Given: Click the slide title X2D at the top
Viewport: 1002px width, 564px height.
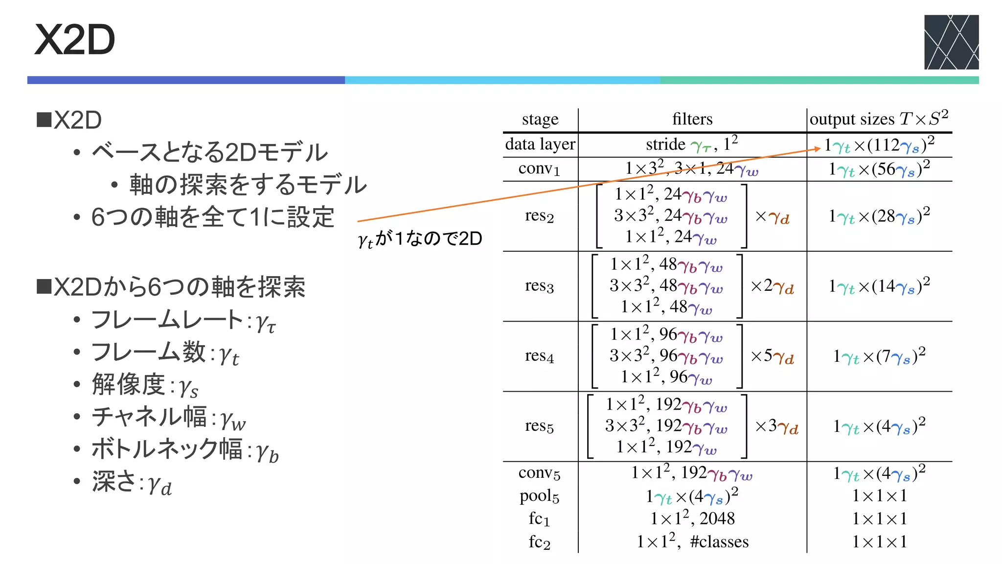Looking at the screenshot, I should (75, 40).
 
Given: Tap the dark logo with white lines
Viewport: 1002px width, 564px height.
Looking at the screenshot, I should (951, 42).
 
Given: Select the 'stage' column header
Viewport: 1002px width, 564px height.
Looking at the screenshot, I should (540, 119).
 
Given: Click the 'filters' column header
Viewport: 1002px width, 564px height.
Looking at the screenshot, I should (692, 119).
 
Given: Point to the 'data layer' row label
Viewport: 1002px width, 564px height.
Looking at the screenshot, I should (540, 144).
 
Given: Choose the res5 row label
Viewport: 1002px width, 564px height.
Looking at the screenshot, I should (540, 426).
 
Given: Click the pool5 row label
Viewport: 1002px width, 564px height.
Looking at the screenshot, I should (540, 496).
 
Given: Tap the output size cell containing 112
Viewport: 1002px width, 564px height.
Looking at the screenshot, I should (879, 145).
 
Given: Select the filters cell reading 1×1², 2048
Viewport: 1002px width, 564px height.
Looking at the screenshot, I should (692, 518).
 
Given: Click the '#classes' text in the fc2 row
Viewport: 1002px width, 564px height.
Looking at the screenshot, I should (719, 541).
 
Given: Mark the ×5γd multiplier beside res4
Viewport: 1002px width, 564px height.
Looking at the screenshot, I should (773, 356).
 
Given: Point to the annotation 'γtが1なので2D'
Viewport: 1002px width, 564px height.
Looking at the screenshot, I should (420, 239).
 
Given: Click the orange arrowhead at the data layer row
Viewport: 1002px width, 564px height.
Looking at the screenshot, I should (818, 149).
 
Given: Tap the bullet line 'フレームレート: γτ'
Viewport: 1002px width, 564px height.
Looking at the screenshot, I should (183, 321).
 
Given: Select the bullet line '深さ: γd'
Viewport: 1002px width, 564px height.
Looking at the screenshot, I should (132, 482).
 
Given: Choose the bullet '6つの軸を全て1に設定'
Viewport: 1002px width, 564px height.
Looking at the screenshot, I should (212, 217).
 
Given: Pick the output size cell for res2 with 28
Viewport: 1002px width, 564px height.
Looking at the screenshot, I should (879, 216).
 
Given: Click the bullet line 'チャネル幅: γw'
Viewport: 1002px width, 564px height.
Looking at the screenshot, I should (169, 418).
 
